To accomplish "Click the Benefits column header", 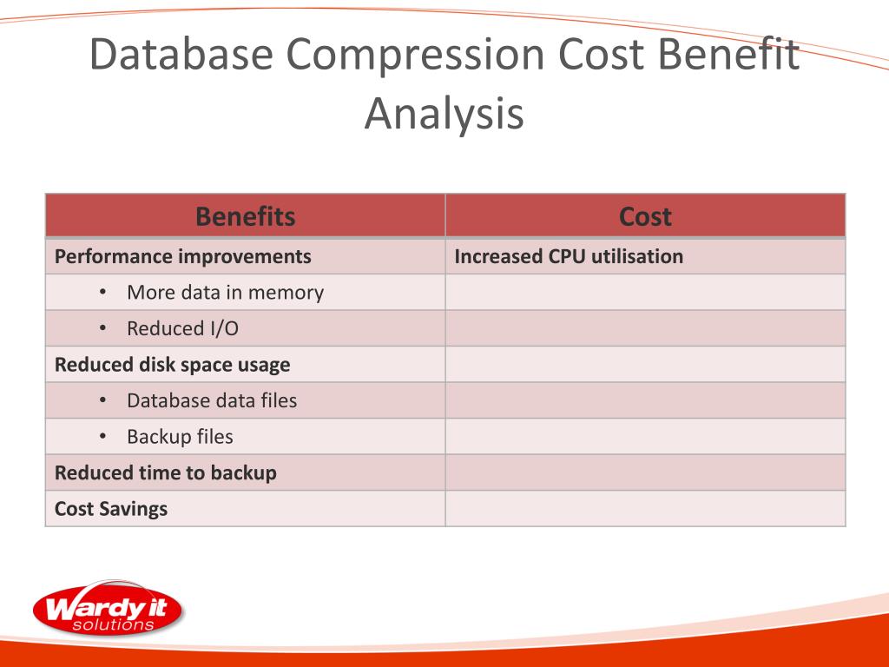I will coord(245,216).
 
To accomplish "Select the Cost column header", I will coord(645,216).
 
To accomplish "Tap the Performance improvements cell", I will coord(183,257).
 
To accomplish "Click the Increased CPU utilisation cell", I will coord(569,257).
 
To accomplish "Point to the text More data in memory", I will coord(225,293).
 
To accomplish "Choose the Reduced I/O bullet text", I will coord(182,329).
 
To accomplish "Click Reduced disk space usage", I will coord(173,365).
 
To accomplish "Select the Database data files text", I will coord(212,400).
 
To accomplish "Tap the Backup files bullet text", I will coord(180,437).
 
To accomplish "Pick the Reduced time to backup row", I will coord(166,473).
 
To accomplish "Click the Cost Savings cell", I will coord(111,509).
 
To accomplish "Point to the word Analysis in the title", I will coord(444,114).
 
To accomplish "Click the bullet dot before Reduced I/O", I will coord(102,328).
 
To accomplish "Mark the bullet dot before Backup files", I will coord(102,436).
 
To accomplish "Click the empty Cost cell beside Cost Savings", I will coord(645,509).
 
